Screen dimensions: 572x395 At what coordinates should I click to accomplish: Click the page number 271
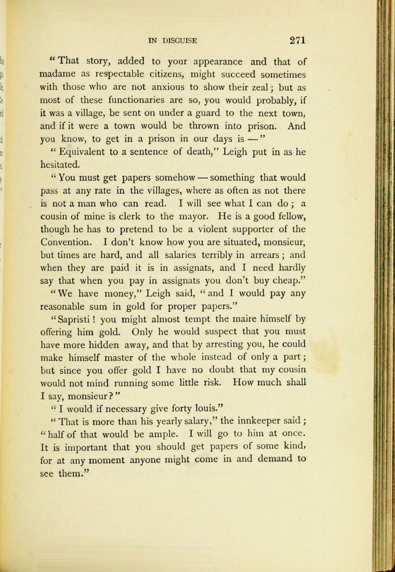point(298,40)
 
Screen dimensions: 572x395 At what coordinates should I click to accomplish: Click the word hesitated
point(61,165)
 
